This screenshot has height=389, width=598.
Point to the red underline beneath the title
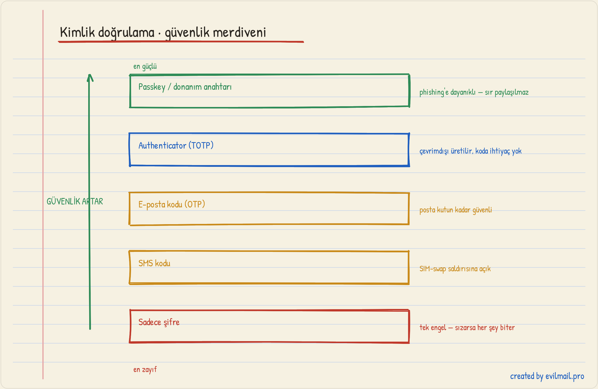click(181, 42)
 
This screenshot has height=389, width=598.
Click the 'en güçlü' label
click(145, 67)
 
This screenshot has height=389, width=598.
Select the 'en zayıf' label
click(145, 369)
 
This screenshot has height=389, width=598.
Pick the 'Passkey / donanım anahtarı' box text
click(185, 87)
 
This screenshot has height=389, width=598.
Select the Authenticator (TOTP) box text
click(176, 146)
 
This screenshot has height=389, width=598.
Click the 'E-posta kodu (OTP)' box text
click(172, 204)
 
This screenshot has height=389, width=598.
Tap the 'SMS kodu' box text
click(154, 263)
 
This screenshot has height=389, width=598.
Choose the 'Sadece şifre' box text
click(159, 322)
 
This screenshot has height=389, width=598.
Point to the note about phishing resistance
click(474, 92)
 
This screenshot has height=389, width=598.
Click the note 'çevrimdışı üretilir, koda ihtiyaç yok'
click(470, 151)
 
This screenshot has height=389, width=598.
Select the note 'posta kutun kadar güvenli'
click(455, 210)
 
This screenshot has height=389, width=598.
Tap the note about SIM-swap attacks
click(455, 269)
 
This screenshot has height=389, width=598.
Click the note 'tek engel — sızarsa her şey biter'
click(467, 328)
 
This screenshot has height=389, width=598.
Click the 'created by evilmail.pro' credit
click(547, 376)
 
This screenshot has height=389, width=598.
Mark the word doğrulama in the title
click(126, 33)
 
